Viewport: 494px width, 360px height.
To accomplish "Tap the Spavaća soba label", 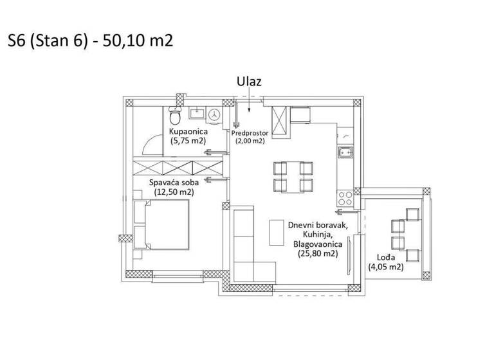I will tap(172, 183).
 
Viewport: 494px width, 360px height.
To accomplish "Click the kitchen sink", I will tap(345, 152).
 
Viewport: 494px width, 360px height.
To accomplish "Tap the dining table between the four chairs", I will tap(293, 177).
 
